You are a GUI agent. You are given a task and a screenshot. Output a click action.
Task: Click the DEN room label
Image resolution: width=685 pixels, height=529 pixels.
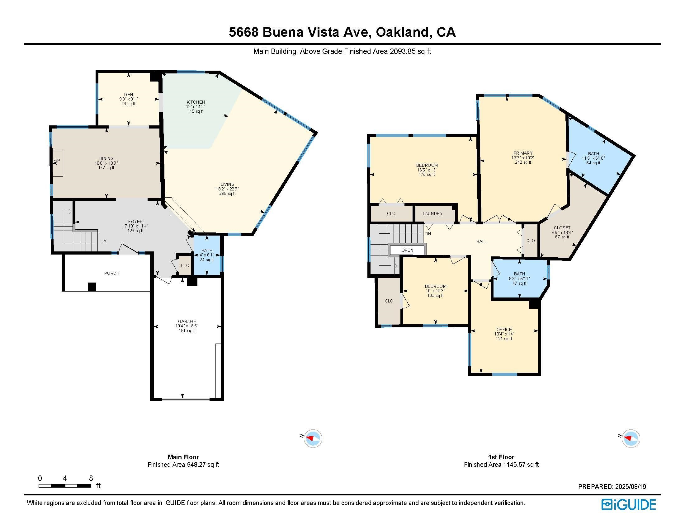128,95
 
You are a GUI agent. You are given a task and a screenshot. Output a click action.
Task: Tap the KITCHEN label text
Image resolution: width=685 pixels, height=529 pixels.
196,102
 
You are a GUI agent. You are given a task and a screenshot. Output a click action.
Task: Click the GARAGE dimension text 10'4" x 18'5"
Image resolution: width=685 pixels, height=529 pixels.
187,326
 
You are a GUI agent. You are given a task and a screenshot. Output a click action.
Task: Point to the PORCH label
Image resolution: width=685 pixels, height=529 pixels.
112,273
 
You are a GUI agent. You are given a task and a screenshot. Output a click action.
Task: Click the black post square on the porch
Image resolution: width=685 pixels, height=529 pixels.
92,286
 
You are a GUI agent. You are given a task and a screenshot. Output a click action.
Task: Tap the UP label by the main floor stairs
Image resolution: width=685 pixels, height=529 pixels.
103,241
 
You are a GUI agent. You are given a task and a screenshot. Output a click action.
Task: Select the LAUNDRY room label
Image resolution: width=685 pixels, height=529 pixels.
432,213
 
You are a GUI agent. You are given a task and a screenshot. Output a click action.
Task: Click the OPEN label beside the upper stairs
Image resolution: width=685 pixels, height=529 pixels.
407,250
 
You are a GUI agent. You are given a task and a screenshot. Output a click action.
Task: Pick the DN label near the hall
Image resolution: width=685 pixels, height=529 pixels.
428,234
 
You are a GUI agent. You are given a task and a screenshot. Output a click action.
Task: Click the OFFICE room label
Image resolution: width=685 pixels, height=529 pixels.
504,329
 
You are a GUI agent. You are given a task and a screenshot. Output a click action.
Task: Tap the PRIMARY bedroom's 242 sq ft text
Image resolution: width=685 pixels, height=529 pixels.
523,162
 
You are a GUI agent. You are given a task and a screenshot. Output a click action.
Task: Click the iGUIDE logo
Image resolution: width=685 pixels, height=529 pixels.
629,504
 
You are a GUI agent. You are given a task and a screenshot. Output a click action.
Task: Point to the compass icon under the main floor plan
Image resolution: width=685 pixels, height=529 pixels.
313,438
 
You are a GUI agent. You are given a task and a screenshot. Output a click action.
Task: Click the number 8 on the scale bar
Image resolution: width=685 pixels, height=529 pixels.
91,478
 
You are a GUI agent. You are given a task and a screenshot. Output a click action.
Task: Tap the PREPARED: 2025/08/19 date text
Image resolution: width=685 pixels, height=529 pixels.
612,487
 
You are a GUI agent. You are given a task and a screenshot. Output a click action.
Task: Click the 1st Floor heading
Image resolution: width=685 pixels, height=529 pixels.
501,457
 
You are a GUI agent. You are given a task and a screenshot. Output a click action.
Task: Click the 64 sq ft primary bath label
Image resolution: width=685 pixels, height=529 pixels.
593,163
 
